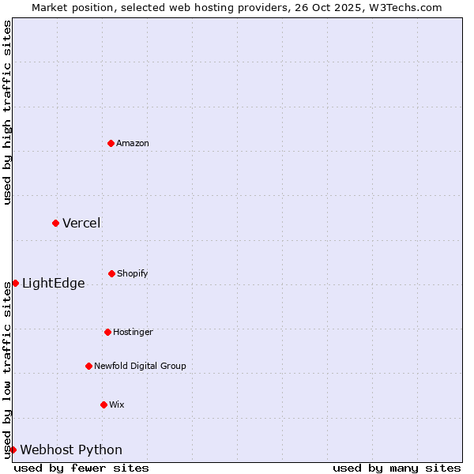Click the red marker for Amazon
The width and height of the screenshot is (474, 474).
111,143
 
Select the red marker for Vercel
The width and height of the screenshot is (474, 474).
55,223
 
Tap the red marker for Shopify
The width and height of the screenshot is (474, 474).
111,273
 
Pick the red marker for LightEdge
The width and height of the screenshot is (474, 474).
15,283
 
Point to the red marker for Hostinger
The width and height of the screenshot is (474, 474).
107,332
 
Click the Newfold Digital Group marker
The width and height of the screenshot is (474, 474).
88,366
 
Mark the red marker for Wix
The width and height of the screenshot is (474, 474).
103,404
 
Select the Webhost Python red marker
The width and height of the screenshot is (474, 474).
13,450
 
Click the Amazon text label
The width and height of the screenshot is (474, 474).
133,143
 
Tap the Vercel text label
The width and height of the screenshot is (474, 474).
81,223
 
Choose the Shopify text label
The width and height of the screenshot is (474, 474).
133,273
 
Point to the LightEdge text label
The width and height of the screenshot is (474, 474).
53,284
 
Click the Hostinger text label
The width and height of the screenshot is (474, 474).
133,332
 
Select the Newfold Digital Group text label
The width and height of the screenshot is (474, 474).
140,366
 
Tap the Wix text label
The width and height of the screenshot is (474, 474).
117,404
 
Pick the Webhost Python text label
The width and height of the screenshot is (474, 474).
71,450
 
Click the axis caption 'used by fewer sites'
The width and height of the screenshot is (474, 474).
81,468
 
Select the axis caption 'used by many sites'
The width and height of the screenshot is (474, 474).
397,468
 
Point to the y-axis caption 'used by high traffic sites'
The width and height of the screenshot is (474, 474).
7,112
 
